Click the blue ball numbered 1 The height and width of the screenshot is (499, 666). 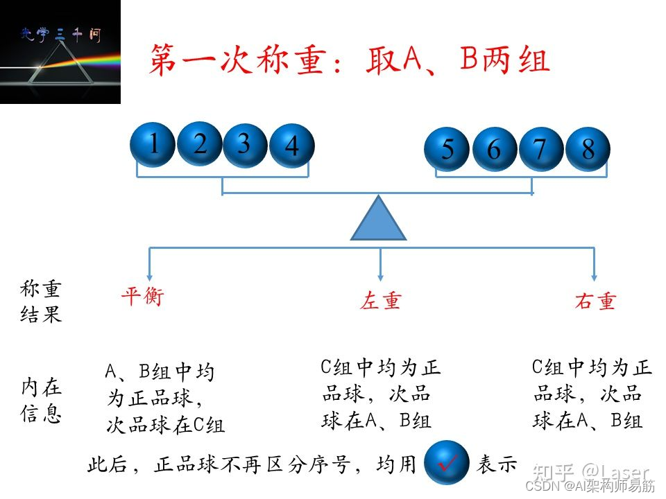click(153, 144)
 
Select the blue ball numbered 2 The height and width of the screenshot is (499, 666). click(200, 143)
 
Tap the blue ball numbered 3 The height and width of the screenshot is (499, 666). click(244, 144)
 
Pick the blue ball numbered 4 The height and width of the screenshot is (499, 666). click(291, 146)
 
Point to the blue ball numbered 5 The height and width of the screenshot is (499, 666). click(447, 149)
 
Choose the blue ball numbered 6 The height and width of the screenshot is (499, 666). click(494, 149)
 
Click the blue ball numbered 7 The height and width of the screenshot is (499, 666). click(540, 149)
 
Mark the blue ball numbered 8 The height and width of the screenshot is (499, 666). click(588, 149)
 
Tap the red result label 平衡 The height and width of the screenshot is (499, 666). click(142, 297)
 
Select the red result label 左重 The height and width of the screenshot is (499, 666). click(380, 301)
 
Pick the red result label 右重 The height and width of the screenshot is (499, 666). click(595, 301)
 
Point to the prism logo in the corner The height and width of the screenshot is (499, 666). click(60, 52)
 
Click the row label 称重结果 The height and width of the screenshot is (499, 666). click(41, 302)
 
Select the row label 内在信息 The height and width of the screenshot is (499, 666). click(41, 400)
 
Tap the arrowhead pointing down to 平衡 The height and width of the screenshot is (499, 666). click(149, 274)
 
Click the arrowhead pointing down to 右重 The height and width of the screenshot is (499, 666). click(594, 274)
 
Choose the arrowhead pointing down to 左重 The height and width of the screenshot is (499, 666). click(380, 274)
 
